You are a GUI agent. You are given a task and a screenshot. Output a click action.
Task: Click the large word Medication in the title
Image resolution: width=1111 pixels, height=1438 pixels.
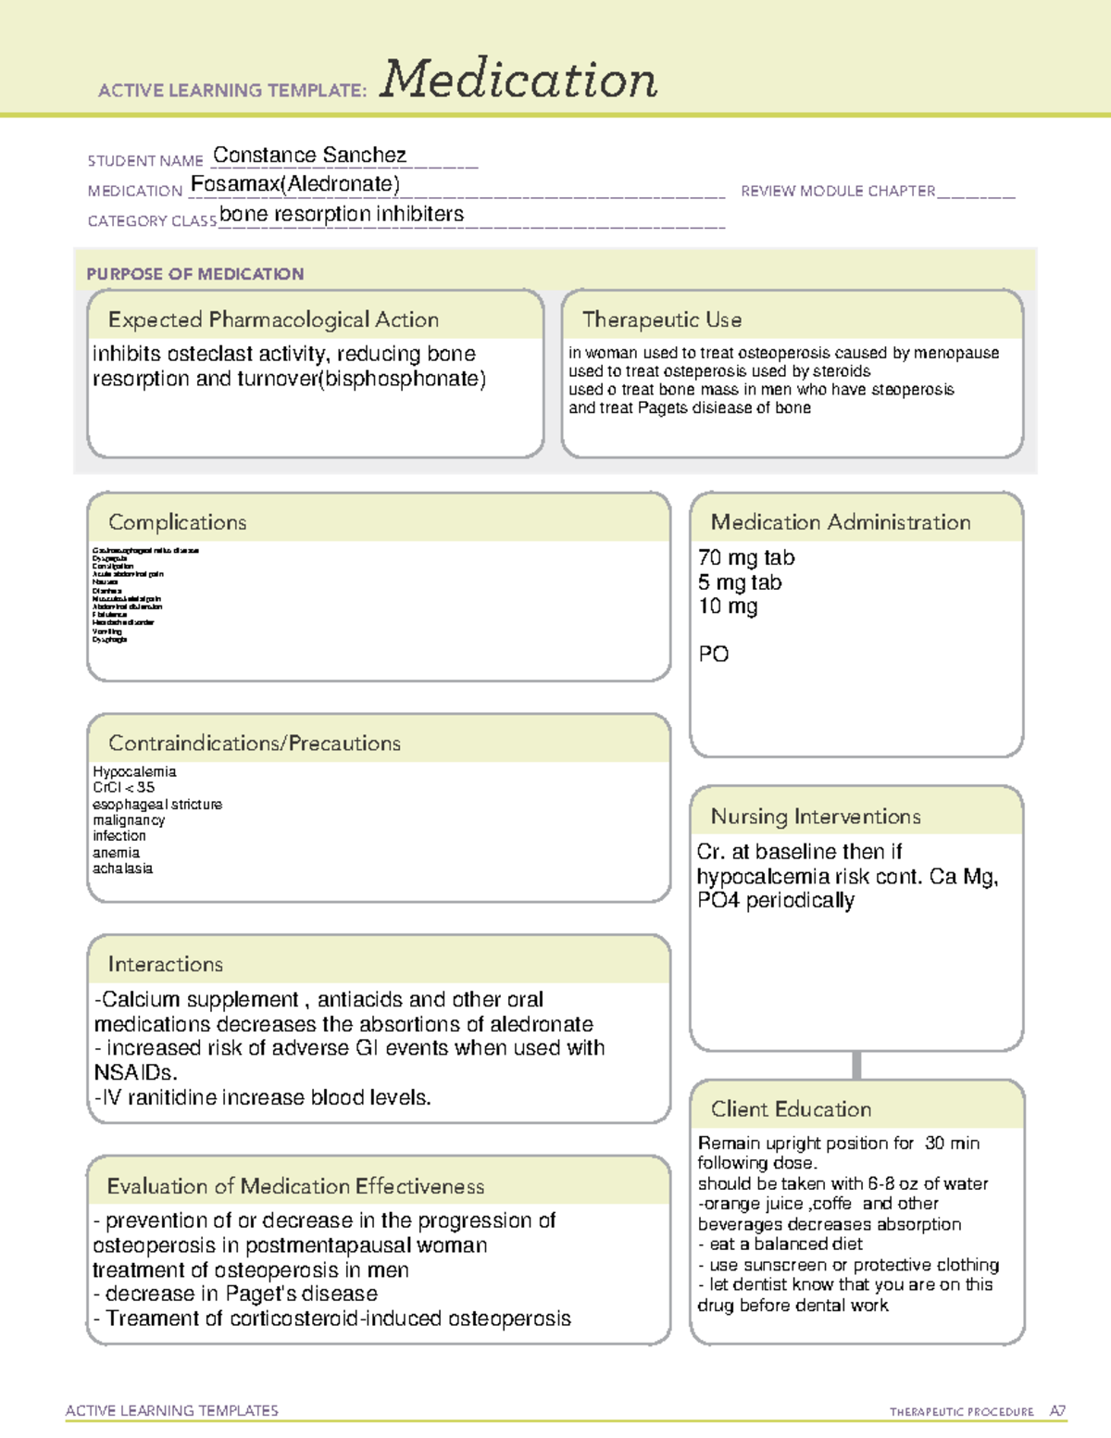[x=518, y=80]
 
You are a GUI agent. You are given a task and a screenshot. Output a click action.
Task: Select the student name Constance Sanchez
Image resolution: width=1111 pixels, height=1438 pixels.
[x=309, y=155]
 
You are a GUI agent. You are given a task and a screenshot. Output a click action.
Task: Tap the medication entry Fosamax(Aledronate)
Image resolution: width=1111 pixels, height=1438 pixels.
[x=295, y=184]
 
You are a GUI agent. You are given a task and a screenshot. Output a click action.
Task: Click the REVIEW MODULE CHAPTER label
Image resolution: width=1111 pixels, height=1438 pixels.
[x=838, y=191]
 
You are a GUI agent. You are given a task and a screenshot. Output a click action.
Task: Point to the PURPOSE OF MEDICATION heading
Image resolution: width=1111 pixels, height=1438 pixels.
[x=195, y=274]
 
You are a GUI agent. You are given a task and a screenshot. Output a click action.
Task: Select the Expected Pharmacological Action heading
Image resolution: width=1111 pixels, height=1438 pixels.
[x=273, y=319]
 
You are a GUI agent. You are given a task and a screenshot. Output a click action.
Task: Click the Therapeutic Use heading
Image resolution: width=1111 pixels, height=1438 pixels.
[x=662, y=319]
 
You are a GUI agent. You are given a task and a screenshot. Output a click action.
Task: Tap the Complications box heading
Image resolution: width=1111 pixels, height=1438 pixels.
[x=178, y=522]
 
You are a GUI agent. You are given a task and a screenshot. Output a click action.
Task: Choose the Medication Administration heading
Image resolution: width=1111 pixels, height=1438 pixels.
[x=841, y=522]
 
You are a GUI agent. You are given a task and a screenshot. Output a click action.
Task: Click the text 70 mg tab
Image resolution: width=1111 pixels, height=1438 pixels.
[x=746, y=557]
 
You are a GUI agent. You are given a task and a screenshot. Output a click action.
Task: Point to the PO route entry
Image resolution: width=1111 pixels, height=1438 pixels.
[x=713, y=654]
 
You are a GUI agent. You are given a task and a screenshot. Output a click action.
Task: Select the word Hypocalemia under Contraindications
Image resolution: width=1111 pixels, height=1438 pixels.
[x=134, y=771]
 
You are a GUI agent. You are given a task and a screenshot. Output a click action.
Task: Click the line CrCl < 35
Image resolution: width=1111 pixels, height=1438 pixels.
[x=123, y=787]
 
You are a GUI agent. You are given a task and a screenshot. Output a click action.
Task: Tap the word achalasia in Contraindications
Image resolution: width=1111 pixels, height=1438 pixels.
[x=122, y=869]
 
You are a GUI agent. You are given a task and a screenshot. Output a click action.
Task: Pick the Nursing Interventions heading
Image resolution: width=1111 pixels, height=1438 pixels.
[x=816, y=817]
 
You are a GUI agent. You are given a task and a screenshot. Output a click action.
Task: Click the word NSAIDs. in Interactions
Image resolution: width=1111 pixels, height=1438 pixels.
[x=135, y=1072]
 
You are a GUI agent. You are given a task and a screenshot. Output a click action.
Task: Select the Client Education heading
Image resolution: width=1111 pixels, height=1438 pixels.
[x=791, y=1109]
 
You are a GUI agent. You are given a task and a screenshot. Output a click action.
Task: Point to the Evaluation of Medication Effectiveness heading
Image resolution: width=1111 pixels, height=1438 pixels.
[x=295, y=1186]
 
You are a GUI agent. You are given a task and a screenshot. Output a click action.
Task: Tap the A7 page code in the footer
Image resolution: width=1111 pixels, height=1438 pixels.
[x=1057, y=1411]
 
